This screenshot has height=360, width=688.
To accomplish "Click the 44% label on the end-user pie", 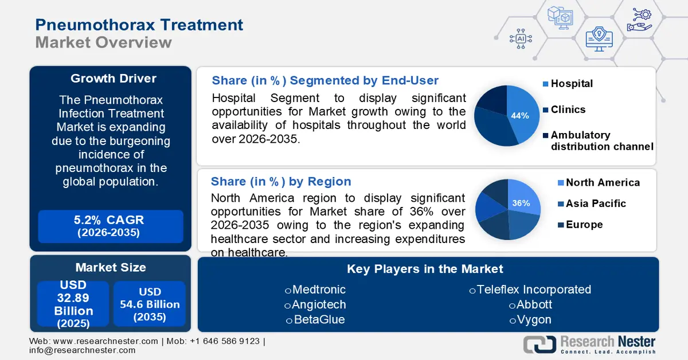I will coord(519,115).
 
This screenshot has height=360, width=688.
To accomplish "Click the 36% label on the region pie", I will coord(521,203).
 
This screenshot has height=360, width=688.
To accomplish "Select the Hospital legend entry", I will coord(572,84).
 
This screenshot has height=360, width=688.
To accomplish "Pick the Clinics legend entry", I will coord(568,109).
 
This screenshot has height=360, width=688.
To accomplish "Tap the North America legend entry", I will coord(602,182).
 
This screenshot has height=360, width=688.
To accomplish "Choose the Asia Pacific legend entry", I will coord(595,204).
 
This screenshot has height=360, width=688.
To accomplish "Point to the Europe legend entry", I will coord(584,225).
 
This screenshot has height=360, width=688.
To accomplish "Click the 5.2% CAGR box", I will coord(111,226).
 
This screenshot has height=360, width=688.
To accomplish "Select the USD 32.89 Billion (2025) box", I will coord(73,304).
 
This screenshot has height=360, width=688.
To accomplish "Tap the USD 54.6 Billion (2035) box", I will coord(150,304).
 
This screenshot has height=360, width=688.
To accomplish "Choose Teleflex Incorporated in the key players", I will coord(530,289).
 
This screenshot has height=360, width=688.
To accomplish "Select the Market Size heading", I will coord(111,267).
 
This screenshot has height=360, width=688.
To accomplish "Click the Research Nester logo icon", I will coord(539,344).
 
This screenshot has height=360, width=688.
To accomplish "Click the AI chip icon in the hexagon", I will coord(520,38).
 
